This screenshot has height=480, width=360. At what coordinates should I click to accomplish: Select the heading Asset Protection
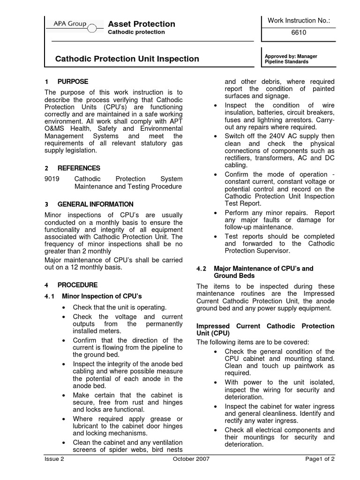click(142, 24)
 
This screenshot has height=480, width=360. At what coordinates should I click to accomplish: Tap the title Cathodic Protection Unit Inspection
click(127, 59)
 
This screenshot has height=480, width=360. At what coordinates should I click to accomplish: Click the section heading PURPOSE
click(73, 82)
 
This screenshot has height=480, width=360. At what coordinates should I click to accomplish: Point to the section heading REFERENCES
click(79, 168)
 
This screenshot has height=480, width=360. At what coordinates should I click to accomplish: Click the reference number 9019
click(52, 179)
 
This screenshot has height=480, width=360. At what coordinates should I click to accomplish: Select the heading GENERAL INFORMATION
click(95, 204)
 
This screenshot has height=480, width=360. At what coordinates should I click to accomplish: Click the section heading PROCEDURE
click(77, 285)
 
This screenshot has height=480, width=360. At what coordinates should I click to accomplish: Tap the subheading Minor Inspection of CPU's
click(102, 296)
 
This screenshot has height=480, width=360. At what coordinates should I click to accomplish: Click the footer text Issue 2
click(54, 459)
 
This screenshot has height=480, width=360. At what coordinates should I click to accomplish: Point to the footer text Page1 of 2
click(320, 459)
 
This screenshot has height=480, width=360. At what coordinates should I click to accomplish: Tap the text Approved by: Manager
click(291, 56)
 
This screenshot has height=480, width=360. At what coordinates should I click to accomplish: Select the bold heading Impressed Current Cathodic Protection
click(265, 326)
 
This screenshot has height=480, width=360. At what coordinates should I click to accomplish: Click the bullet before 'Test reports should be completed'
click(215, 237)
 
